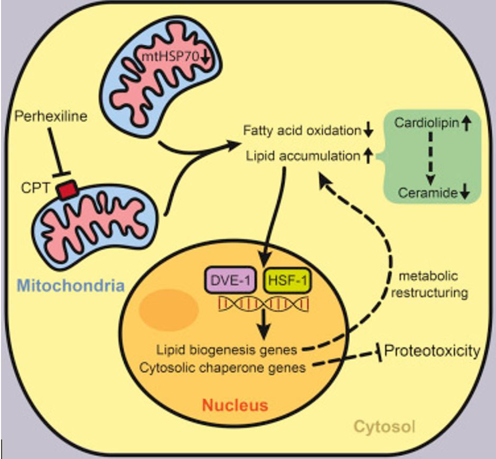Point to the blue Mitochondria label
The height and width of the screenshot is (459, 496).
click(x=70, y=286)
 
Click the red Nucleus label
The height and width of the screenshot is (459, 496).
click(x=236, y=406)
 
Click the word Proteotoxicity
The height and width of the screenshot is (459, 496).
click(x=433, y=351)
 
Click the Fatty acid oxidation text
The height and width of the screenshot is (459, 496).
click(x=302, y=130)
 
